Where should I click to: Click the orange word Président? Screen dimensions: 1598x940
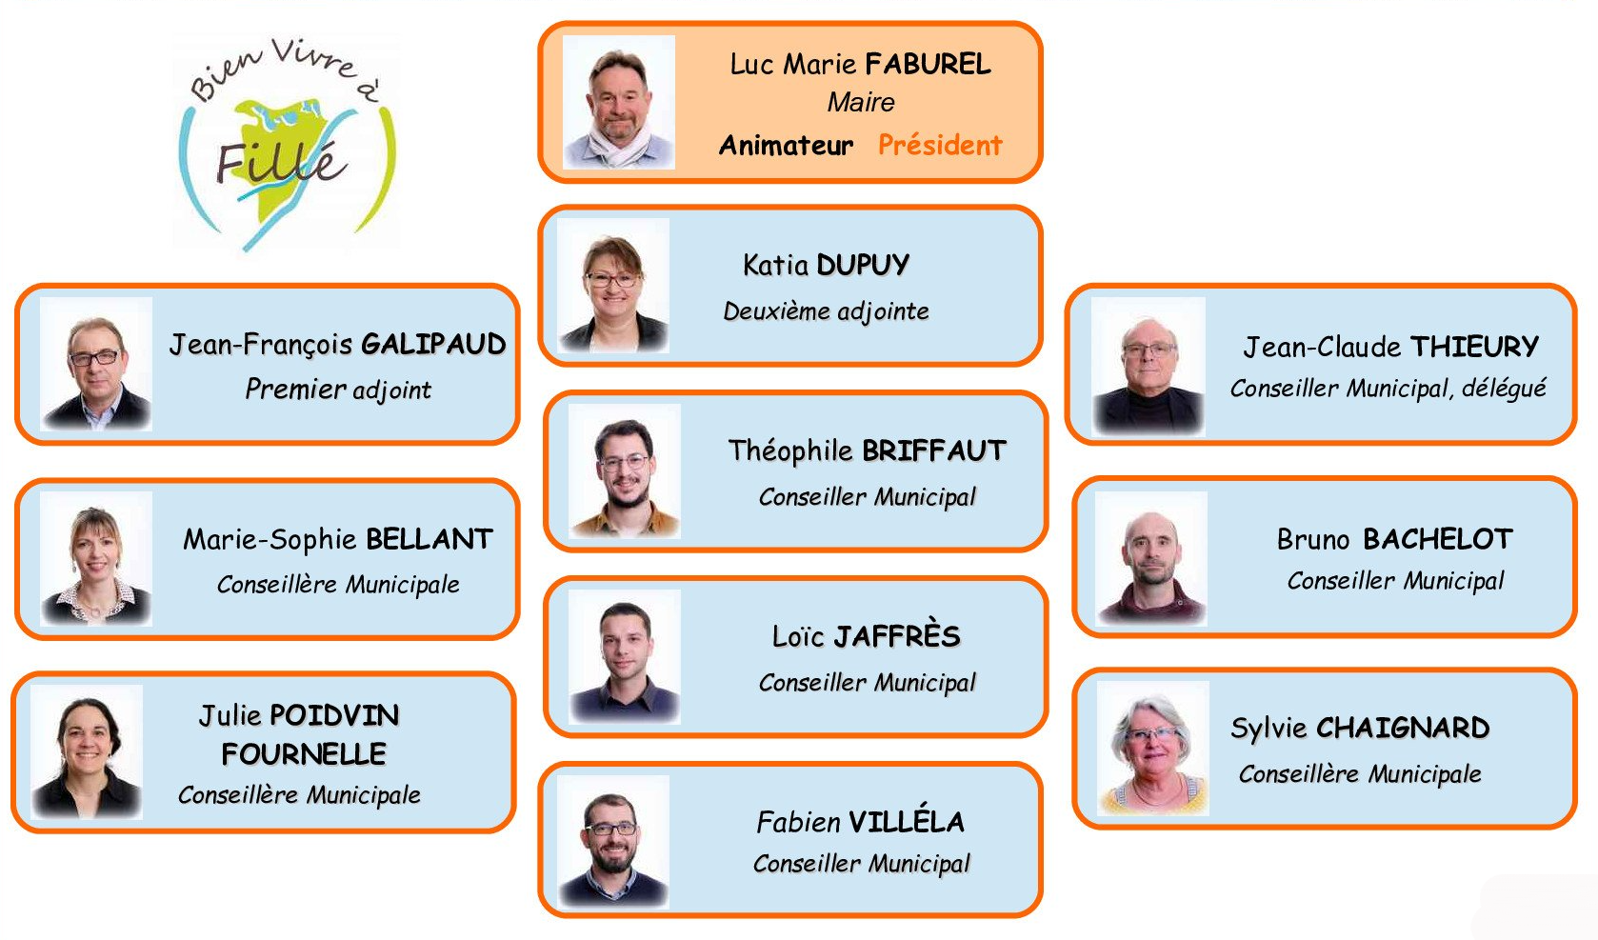(x=940, y=145)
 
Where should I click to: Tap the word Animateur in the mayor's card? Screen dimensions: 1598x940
(x=787, y=146)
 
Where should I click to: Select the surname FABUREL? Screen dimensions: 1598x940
(x=929, y=64)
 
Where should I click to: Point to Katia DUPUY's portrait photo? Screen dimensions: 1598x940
(x=613, y=286)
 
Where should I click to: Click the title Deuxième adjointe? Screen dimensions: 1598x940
(x=826, y=311)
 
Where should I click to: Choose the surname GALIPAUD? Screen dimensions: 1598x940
(x=433, y=345)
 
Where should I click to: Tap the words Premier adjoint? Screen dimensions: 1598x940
(x=338, y=390)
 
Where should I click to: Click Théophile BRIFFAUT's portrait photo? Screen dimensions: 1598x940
(x=625, y=470)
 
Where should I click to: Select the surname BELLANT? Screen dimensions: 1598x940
(x=429, y=539)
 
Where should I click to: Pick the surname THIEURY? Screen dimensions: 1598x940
(x=1474, y=347)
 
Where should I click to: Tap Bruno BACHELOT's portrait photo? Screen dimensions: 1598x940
(x=1151, y=558)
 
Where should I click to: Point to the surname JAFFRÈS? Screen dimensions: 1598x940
(x=897, y=635)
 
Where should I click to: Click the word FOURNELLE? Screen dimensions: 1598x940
(x=304, y=754)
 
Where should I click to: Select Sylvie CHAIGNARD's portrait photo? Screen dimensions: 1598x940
(x=1153, y=749)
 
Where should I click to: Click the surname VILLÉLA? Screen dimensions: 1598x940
(x=906, y=821)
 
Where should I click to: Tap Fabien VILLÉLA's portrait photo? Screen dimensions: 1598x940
(x=613, y=842)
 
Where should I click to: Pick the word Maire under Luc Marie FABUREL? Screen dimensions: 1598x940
(x=861, y=103)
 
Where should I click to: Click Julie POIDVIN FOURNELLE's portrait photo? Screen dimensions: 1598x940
(x=87, y=751)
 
